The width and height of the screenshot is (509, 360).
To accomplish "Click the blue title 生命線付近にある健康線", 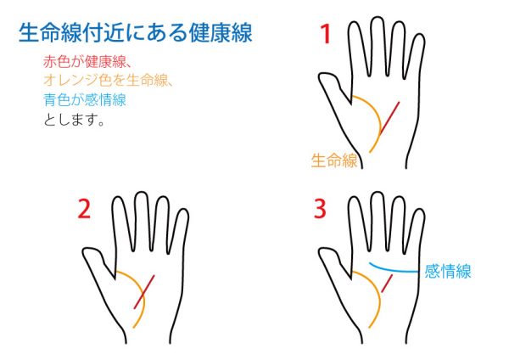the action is click(x=136, y=32).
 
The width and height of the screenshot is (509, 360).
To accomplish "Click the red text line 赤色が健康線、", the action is click(x=87, y=61).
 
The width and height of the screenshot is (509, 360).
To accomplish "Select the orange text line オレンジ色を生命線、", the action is click(x=108, y=80).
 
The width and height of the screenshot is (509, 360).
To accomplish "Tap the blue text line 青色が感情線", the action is click(x=85, y=99).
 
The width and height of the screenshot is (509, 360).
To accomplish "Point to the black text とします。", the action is click(x=74, y=120).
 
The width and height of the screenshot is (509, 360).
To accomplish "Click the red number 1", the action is click(x=326, y=34).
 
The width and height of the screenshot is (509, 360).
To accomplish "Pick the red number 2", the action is click(x=84, y=209).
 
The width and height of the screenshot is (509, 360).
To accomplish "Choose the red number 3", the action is click(x=320, y=209).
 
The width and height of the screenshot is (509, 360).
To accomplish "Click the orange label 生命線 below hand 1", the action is click(x=334, y=160).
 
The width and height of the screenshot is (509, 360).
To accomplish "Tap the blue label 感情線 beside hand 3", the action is click(x=448, y=271).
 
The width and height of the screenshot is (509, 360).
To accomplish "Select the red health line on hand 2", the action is click(x=144, y=292).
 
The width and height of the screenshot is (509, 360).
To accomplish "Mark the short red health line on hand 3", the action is click(x=387, y=284).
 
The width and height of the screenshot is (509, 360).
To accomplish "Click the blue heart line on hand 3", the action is click(x=392, y=270).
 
